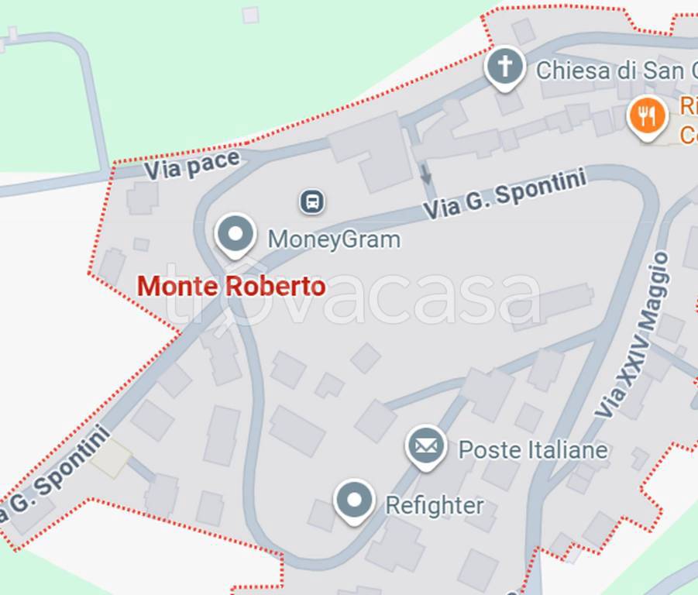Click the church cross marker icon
coord(504,67)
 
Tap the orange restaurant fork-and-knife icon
coord(647,117)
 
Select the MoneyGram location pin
coord(236,234)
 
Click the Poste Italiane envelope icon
coord(426,445)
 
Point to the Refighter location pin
coord(354,500)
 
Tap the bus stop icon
coord(311,202)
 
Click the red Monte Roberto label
coord(231,286)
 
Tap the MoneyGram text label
coord(334,239)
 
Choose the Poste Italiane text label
coord(533,449)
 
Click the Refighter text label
coord(435,506)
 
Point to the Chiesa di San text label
coord(610,71)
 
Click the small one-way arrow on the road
coord(425,174)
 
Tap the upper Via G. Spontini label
coord(504,194)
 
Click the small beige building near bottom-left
coord(111,460)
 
